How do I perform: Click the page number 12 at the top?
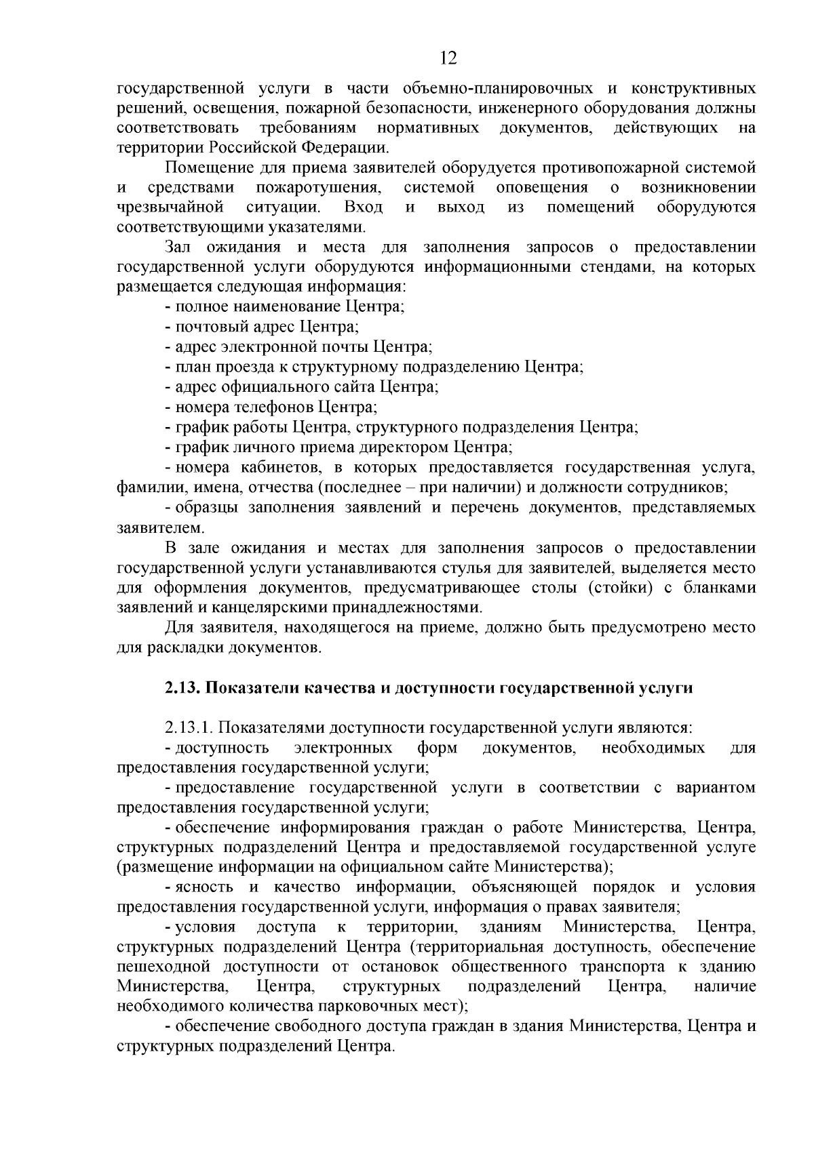tap(448, 58)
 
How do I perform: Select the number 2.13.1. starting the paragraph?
tap(189, 728)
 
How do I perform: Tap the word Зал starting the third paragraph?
tap(178, 247)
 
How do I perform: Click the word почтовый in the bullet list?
tap(206, 327)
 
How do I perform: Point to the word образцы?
tap(207, 508)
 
